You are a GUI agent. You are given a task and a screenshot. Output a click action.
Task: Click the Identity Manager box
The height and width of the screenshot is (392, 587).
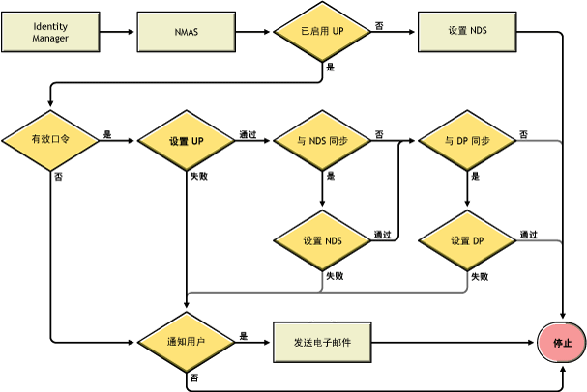pyautogui.click(x=50, y=31)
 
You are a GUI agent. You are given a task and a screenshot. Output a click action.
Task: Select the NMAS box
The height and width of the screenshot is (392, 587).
pyautogui.click(x=187, y=31)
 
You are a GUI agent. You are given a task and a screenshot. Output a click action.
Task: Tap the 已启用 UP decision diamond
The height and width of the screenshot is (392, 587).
pyautogui.click(x=322, y=31)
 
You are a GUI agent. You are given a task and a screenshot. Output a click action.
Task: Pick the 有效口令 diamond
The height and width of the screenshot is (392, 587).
pyautogui.click(x=50, y=141)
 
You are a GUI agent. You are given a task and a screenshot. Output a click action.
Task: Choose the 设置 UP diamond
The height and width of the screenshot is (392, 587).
pyautogui.click(x=186, y=141)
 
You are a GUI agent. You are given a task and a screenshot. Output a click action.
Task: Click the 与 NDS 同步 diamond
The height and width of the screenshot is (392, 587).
pyautogui.click(x=322, y=141)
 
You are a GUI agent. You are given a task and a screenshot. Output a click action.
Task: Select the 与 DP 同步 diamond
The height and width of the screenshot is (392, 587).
pyautogui.click(x=467, y=141)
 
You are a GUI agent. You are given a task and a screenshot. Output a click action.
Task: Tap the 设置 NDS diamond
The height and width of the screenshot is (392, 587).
pyautogui.click(x=322, y=239)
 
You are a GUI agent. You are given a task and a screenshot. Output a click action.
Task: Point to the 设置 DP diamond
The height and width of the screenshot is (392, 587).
pyautogui.click(x=467, y=239)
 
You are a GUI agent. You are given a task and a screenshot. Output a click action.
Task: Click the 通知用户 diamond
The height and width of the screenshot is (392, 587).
pyautogui.click(x=186, y=342)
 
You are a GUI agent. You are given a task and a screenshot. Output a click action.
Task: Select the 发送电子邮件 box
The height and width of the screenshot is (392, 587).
pyautogui.click(x=322, y=342)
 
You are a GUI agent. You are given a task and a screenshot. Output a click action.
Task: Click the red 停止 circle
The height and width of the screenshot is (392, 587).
pyautogui.click(x=562, y=343)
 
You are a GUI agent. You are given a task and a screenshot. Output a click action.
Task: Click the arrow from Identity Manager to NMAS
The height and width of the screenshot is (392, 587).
pyautogui.click(x=117, y=31)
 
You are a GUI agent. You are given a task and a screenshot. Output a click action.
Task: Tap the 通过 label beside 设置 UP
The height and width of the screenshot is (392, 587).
pyautogui.click(x=249, y=134)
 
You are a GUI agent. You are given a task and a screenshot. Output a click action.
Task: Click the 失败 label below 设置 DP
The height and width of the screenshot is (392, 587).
pyautogui.click(x=479, y=276)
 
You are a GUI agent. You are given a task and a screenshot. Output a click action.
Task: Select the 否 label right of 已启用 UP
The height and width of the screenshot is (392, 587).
pyautogui.click(x=378, y=24)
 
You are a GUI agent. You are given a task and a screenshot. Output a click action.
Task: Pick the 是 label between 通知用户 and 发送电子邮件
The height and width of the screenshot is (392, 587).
pyautogui.click(x=243, y=335)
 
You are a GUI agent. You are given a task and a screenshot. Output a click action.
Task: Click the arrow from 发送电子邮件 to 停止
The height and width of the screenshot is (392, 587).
pyautogui.click(x=455, y=342)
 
